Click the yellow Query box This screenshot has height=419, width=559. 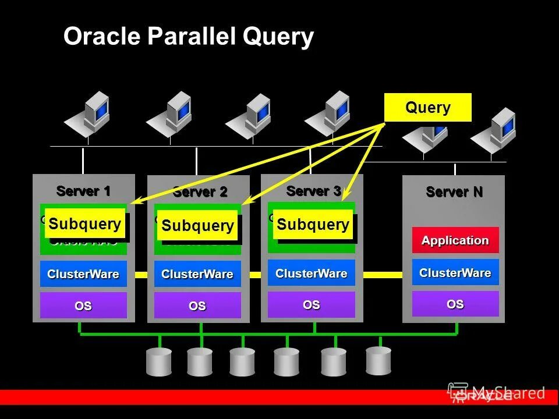pyautogui.click(x=427, y=108)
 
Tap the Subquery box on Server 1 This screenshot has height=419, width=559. pyautogui.click(x=85, y=223)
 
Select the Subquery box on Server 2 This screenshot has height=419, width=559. pyautogui.click(x=197, y=225)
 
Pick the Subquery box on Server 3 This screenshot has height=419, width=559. pyautogui.click(x=313, y=225)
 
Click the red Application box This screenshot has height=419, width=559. pyautogui.click(x=455, y=240)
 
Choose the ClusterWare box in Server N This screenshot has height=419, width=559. pyautogui.click(x=455, y=272)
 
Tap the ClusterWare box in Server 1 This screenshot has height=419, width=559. pyautogui.click(x=83, y=274)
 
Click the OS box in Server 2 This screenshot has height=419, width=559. pyautogui.click(x=197, y=306)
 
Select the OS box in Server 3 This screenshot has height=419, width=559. pyautogui.click(x=312, y=304)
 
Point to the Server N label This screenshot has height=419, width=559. pyautogui.click(x=454, y=192)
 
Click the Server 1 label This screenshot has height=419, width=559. pyautogui.click(x=83, y=190)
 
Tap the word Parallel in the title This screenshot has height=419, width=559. pyautogui.click(x=192, y=37)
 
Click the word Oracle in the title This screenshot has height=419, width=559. pyautogui.click(x=102, y=37)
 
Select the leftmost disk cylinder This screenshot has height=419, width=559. pyautogui.click(x=159, y=361)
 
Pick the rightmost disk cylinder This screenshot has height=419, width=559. pyautogui.click(x=378, y=360)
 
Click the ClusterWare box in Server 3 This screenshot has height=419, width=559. pyautogui.click(x=312, y=273)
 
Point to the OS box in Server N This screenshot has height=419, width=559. pyautogui.click(x=455, y=304)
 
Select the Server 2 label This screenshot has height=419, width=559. pyautogui.click(x=200, y=192)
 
